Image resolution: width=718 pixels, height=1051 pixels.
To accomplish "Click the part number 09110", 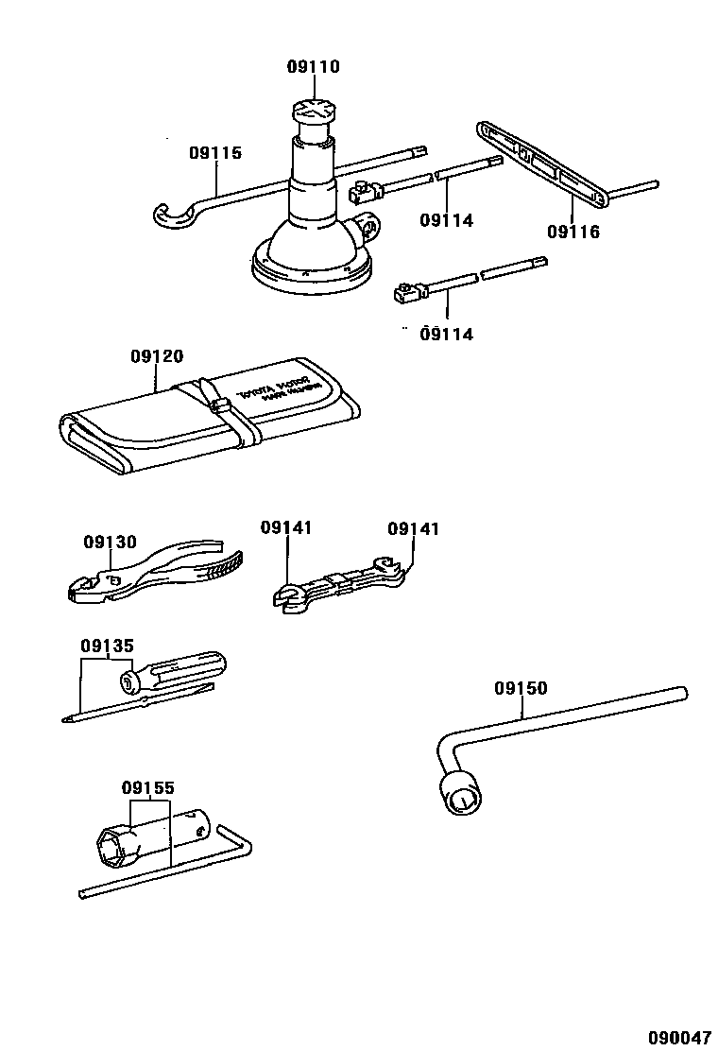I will tap(313, 67).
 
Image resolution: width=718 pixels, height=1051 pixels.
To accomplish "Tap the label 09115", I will tap(214, 153).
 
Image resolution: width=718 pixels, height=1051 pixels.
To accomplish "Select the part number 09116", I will tap(573, 232).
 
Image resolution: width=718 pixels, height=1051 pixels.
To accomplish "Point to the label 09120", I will tap(157, 356).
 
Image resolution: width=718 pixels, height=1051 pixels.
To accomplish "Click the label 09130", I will tap(110, 543).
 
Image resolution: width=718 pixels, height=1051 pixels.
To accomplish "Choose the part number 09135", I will tap(107, 646).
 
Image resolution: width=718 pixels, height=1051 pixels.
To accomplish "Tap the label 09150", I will tap(520, 689).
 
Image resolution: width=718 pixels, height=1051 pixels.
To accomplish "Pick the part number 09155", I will tap(147, 787).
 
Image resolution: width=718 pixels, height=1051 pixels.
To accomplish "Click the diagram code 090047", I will tap(678, 1037).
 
